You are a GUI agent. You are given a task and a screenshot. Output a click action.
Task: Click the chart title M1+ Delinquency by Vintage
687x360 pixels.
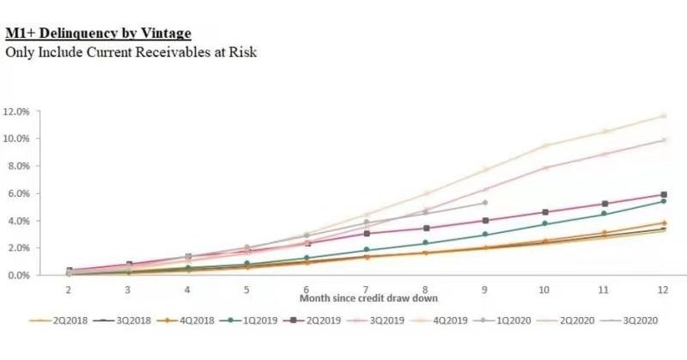click(x=98, y=34)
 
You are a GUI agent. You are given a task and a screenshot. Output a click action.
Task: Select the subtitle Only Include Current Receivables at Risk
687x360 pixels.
click(x=131, y=52)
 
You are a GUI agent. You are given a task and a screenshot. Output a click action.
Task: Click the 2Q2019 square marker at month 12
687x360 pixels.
click(x=662, y=195)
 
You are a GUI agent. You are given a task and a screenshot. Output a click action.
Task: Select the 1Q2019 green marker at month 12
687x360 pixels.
click(x=662, y=201)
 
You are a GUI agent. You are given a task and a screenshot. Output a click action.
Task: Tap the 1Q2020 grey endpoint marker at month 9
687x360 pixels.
click(x=484, y=203)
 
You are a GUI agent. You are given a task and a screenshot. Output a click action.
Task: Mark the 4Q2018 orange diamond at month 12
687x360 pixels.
click(x=662, y=223)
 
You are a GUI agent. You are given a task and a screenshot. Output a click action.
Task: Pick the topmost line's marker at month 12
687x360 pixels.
click(x=662, y=116)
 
